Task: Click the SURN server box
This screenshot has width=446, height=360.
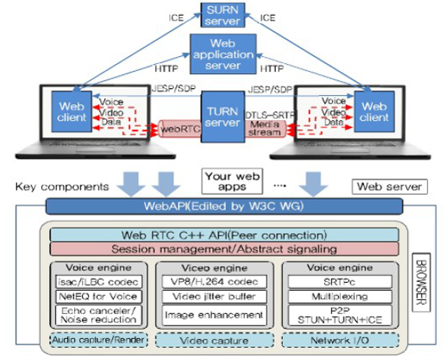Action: coord(223,15)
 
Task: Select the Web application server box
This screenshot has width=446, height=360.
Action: coord(223,54)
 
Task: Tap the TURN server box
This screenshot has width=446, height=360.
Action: coord(223,117)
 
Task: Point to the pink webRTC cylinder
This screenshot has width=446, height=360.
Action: coord(180,129)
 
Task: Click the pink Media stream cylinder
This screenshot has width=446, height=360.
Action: coord(265,129)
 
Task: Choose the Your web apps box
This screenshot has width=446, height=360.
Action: coord(232,182)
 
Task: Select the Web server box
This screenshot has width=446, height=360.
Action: coord(390,186)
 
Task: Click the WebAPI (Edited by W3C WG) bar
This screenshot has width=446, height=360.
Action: coord(224,206)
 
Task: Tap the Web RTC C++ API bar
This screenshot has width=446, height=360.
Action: coord(224,235)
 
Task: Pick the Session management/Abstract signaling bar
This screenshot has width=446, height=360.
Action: coord(224,249)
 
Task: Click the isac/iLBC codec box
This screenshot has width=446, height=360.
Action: coord(99,282)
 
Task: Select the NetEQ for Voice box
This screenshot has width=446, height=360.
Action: coord(99,297)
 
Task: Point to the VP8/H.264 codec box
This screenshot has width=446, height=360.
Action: coord(214,281)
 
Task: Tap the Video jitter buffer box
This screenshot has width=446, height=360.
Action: coord(214,297)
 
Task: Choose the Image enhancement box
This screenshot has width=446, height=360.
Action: coord(214,315)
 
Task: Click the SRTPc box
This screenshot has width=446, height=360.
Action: coord(340,282)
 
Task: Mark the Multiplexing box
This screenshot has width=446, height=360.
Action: coord(340,297)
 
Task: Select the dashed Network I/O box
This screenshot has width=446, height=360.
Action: coord(340,341)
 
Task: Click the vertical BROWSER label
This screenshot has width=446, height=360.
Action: coord(421,282)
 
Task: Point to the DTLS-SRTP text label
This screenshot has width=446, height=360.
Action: coord(270,115)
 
